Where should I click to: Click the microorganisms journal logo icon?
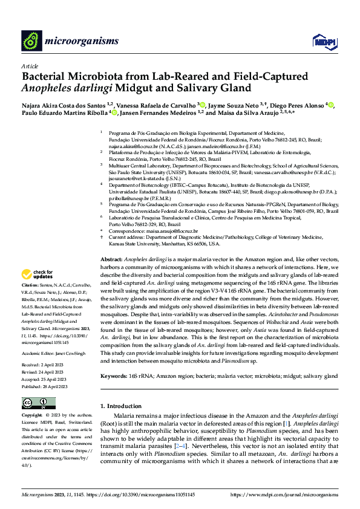pos(31,41)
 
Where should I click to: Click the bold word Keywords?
pos(115,376)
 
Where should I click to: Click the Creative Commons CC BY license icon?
pos(36,403)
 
